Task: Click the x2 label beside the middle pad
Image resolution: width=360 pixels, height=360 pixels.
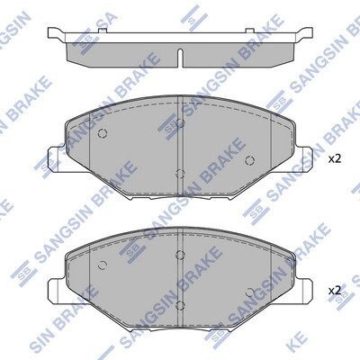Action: click(x=335, y=159)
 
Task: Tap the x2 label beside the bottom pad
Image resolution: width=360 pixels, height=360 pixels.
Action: click(x=335, y=291)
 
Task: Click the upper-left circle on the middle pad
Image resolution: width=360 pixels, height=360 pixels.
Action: click(x=103, y=133)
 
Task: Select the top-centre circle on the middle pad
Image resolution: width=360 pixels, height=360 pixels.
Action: click(x=180, y=123)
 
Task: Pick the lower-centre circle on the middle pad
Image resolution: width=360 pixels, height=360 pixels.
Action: click(x=180, y=174)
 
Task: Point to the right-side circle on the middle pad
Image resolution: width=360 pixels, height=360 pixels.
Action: click(x=249, y=161)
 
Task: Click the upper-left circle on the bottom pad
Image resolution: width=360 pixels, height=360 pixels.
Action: click(x=103, y=265)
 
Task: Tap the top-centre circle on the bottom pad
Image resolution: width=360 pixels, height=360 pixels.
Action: click(x=180, y=255)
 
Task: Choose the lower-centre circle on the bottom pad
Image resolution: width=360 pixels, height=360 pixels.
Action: click(x=180, y=305)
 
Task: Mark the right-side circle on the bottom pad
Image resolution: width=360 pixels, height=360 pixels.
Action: click(x=249, y=292)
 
